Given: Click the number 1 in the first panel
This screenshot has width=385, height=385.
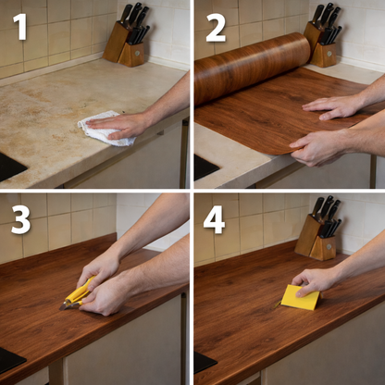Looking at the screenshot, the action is pos(20,26).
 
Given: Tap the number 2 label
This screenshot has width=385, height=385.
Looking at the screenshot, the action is pos(216,28).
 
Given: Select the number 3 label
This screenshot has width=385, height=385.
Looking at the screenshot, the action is pos(21,219).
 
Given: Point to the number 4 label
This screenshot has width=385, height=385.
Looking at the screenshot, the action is pos(215,219).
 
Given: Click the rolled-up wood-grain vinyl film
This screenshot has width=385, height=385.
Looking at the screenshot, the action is pos(252,67).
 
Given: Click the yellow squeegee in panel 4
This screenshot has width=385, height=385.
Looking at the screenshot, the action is pos(301,297).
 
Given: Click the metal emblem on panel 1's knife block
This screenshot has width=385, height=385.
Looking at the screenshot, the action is pos(137,53).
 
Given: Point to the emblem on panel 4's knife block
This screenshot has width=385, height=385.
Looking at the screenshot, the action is pos(329,247).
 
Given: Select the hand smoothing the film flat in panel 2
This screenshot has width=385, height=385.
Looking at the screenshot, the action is pos(331,107).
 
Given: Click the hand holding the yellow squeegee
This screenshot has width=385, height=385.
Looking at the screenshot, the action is pos(313,280).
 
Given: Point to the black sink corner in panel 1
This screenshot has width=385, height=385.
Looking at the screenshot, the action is pos(12,167).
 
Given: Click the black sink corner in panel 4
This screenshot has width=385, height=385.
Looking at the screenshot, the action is pos(205,362).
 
